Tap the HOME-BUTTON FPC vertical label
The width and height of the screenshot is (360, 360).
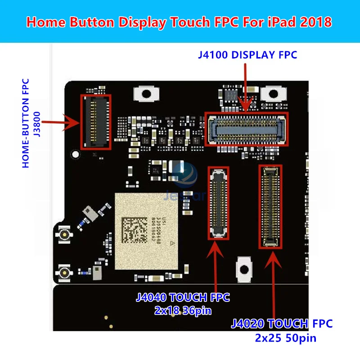[x=26, y=123]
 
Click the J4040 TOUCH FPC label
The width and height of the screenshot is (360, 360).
[x=183, y=297]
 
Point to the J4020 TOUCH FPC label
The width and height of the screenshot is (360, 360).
[x=282, y=323]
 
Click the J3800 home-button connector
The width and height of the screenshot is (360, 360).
[x=95, y=121]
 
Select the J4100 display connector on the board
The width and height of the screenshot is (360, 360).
[x=246, y=128]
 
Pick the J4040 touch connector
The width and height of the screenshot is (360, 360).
[x=218, y=202]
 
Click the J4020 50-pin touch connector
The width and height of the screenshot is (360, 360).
[x=270, y=207]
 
